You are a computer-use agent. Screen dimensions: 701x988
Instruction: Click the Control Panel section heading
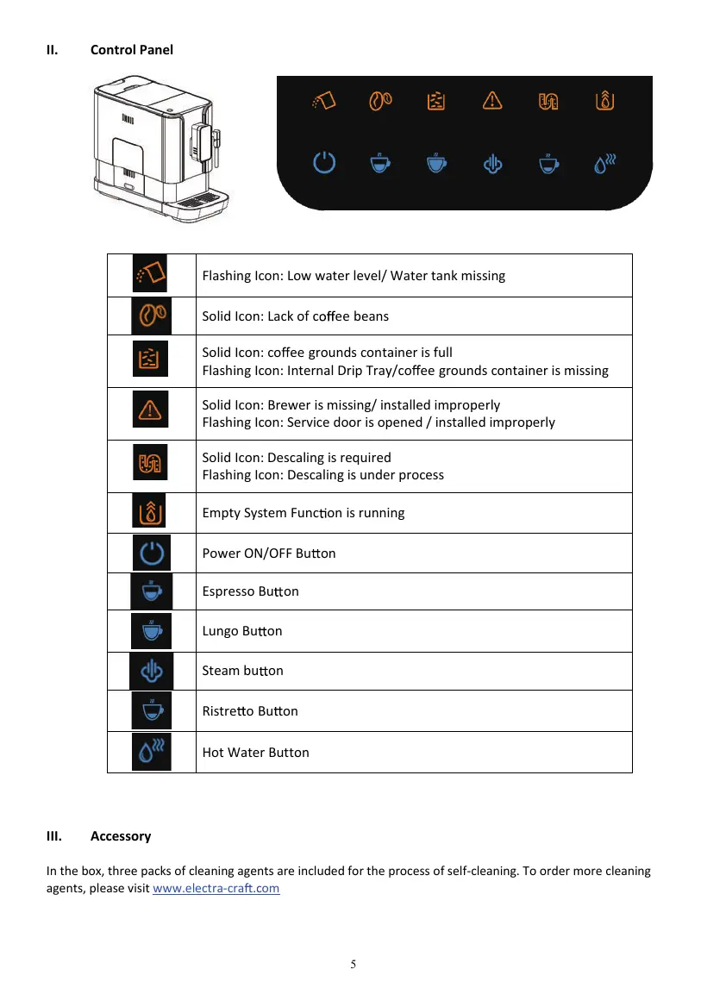click(131, 50)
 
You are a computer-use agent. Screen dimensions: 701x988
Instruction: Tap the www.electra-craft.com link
click(216, 888)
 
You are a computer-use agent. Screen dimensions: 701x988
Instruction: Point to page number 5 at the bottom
click(354, 964)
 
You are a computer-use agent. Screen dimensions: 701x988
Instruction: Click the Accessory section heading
click(121, 836)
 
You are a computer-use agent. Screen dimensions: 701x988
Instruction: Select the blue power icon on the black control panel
click(323, 162)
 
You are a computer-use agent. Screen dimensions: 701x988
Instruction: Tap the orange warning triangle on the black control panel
click(491, 101)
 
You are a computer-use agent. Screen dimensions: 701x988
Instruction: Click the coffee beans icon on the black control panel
click(381, 101)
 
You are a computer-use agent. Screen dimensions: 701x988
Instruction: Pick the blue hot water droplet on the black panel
click(606, 162)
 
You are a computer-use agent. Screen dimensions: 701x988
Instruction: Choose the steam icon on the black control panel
click(491, 162)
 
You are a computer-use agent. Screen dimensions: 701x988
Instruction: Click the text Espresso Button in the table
click(250, 591)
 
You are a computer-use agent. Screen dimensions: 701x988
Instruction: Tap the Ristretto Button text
click(250, 711)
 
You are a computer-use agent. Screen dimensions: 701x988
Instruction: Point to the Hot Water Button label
click(255, 753)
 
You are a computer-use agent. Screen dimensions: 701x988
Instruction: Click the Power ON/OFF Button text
click(268, 553)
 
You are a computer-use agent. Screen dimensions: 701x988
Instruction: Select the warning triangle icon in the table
click(151, 410)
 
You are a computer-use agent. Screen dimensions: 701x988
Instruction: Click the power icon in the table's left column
click(152, 553)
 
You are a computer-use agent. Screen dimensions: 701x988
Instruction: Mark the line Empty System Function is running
click(303, 513)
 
